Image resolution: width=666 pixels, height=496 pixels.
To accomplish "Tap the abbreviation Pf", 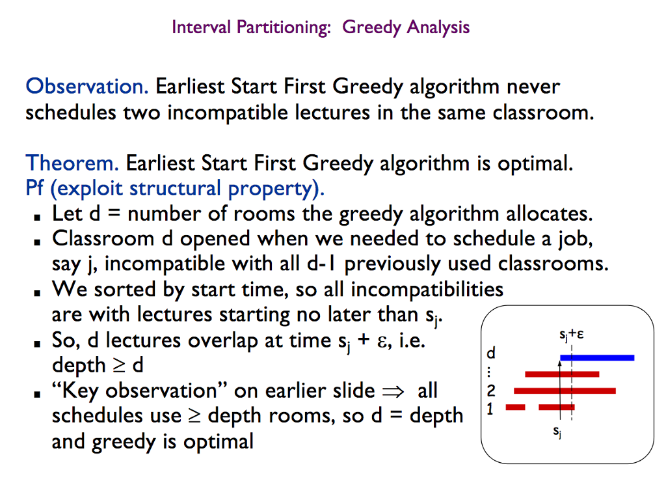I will [36, 189].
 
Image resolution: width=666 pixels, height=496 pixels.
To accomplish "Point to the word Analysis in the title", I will [437, 27].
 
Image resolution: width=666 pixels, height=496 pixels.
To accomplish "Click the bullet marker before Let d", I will [39, 215].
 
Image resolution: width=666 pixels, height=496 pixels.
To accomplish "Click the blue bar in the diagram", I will [597, 357].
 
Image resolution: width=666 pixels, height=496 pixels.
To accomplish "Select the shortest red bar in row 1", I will [515, 407].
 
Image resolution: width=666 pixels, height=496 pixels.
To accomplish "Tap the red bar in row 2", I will [565, 391].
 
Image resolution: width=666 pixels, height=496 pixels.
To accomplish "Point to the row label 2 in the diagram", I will [491, 391].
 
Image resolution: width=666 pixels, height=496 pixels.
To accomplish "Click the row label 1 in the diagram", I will [491, 408].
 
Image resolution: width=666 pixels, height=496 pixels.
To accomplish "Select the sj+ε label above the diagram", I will [570, 336].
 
